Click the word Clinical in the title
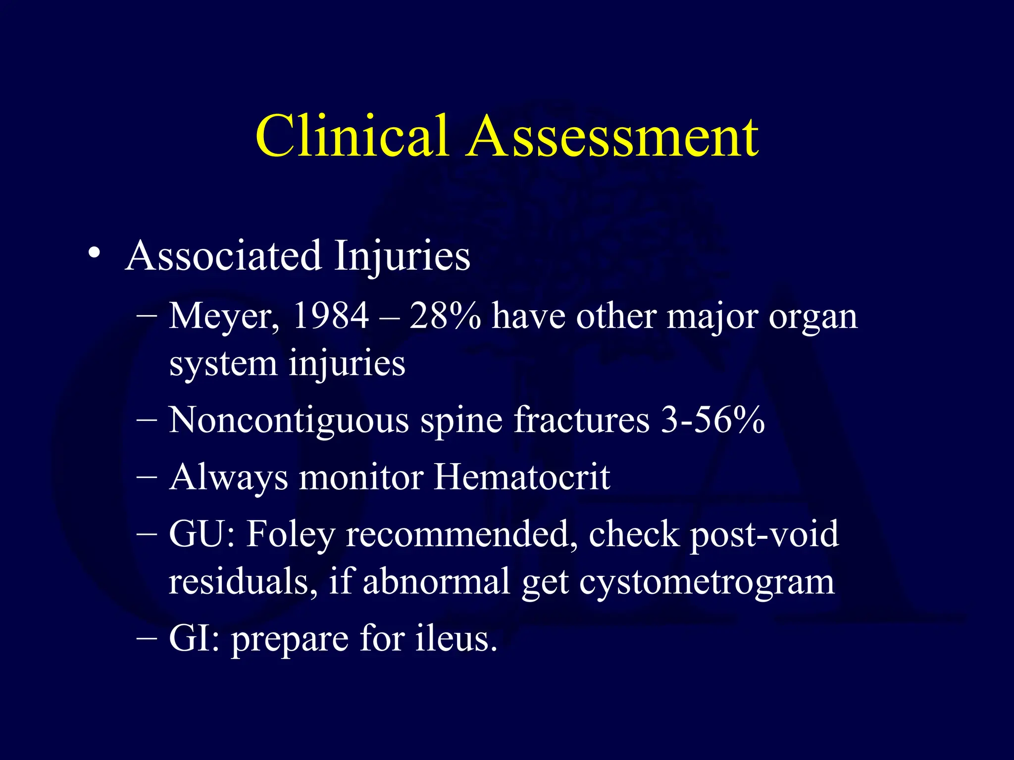tap(352, 136)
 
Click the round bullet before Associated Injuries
tap(94, 254)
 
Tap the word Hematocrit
tap(522, 477)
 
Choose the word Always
tap(229, 478)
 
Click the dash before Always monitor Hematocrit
tap(147, 477)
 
